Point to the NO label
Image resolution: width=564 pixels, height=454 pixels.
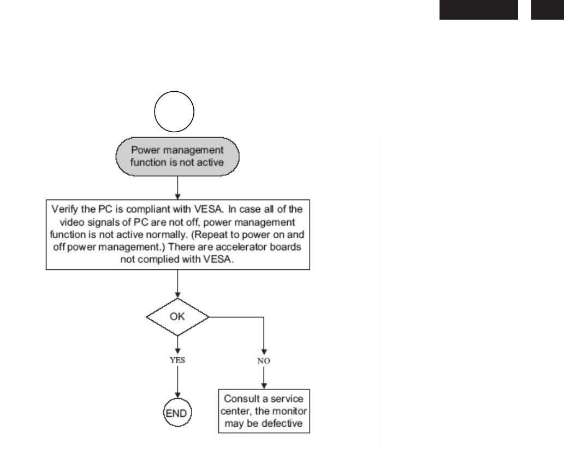(264, 361)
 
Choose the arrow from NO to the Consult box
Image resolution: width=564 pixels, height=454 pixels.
(264, 376)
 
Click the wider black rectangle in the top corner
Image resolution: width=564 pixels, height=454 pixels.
(478, 9)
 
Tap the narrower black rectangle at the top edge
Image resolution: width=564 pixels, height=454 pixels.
(548, 9)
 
